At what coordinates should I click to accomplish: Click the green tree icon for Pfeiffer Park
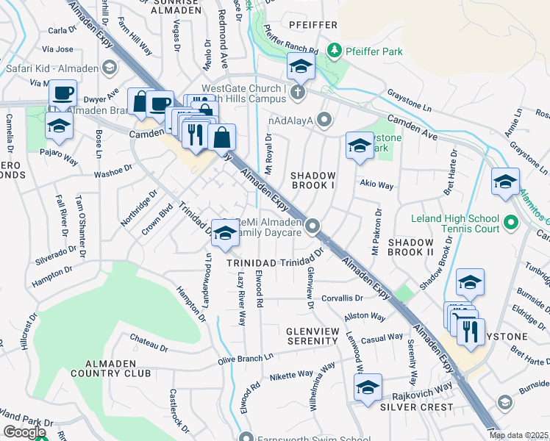tap(335, 49)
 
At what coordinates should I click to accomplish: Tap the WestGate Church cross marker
tap(297, 92)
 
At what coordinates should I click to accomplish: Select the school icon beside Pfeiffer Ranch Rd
tap(301, 68)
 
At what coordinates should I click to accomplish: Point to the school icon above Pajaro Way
tap(59, 126)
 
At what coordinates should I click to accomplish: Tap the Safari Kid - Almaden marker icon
tap(110, 68)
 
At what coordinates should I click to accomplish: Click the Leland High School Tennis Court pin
tap(512, 220)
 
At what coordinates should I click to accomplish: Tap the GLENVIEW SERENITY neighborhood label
tap(312, 336)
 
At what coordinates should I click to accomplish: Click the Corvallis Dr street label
tap(342, 298)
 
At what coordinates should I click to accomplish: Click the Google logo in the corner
tap(24, 432)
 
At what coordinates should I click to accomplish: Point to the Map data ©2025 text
tap(518, 435)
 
